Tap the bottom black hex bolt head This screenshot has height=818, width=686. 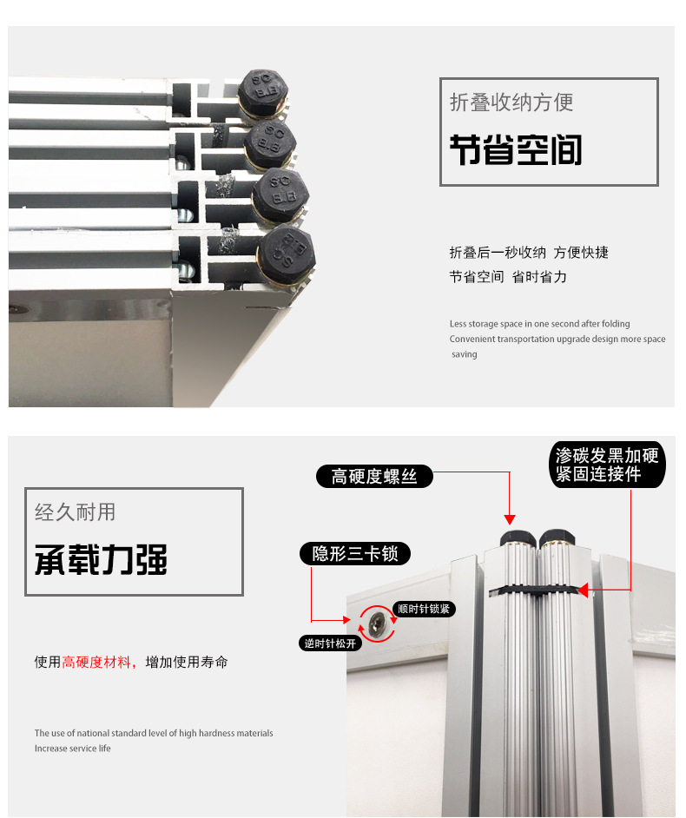[287, 254]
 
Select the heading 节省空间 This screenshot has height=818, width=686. [516, 150]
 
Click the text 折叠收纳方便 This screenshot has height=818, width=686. [511, 102]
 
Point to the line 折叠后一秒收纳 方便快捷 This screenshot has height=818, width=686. [529, 253]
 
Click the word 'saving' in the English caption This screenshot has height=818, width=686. [465, 354]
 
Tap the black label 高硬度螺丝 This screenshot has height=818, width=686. [374, 476]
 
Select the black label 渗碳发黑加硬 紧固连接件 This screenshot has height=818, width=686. [607, 465]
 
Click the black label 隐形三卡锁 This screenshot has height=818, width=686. [355, 553]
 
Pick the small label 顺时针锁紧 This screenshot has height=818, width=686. [424, 609]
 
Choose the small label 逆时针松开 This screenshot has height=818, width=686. [330, 643]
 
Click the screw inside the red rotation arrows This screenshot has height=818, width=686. [377, 623]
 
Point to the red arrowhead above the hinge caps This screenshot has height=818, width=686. [510, 519]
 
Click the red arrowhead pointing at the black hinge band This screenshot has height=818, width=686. [583, 590]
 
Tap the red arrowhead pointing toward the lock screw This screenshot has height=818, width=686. [346, 620]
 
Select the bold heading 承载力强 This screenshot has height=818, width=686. [102, 560]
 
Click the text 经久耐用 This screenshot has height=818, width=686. [76, 512]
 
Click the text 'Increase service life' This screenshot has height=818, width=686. [73, 748]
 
